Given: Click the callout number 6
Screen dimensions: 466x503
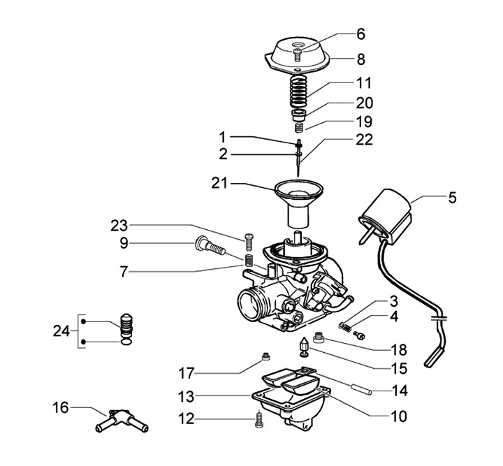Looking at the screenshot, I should (360, 34).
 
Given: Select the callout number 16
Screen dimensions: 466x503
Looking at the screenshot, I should (61, 407).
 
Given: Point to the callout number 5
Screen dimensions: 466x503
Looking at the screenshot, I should (452, 198).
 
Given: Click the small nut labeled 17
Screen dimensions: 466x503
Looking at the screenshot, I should (265, 359).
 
